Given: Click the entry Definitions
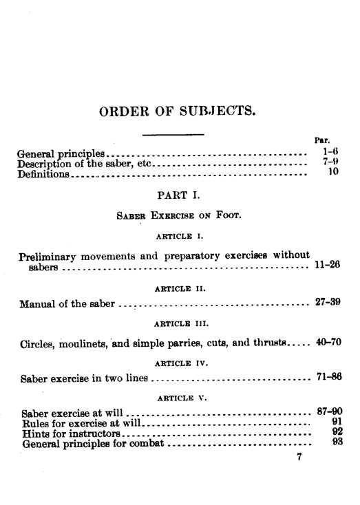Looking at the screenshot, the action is coord(43,175).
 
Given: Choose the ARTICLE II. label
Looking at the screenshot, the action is coord(178,285).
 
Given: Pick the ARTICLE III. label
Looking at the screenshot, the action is coord(178,323).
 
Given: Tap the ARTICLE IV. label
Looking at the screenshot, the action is coord(178,360).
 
